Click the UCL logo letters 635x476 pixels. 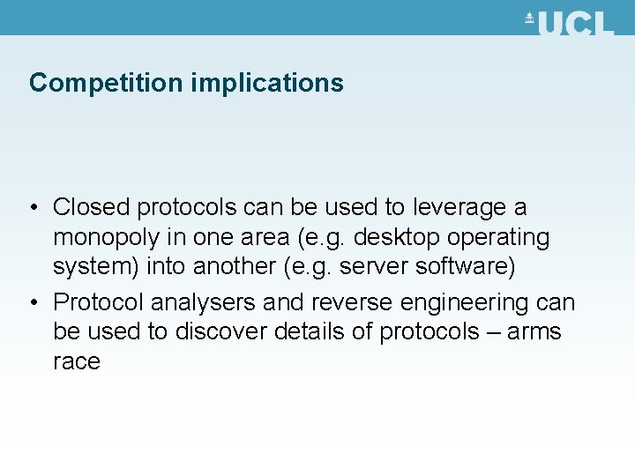point(574,23)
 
